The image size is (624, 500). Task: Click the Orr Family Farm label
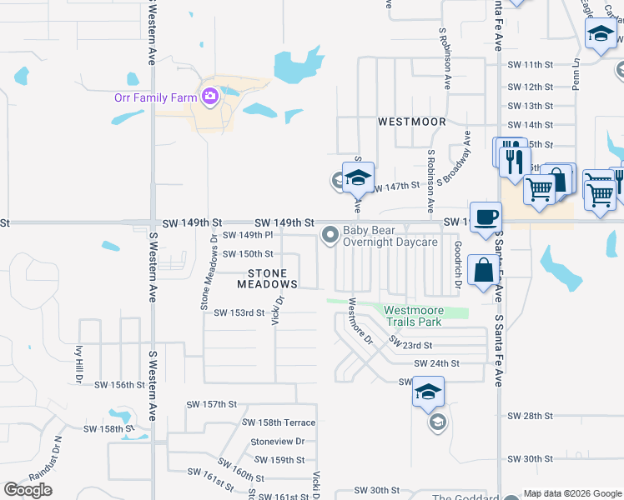point(155,97)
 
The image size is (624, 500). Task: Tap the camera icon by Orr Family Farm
point(209,97)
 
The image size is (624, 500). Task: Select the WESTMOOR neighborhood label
point(411,122)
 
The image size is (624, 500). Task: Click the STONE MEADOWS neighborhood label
point(267,279)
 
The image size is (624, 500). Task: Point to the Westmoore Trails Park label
point(425,317)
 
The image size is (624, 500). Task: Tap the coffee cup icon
point(486,217)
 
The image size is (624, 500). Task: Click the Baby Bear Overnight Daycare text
point(390,236)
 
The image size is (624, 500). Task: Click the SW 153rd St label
point(239,313)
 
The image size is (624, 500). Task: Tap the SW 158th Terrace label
point(282,423)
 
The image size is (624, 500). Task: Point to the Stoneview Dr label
point(278,442)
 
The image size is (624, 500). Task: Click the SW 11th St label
point(530,65)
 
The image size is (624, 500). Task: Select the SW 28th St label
point(531,416)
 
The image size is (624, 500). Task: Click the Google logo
point(28,490)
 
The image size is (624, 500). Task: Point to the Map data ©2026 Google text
point(571,494)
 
